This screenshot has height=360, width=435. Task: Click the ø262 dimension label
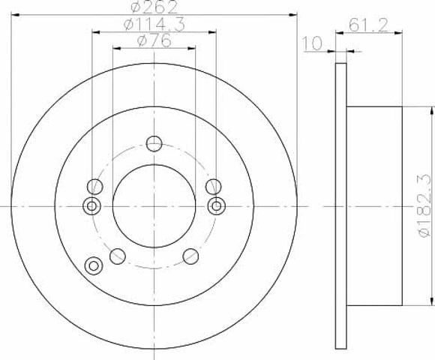click(154, 7)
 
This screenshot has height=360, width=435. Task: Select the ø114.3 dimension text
click(154, 25)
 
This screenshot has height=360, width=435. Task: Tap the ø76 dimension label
click(154, 41)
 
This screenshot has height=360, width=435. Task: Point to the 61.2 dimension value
click(368, 25)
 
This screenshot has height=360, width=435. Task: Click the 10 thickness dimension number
click(312, 43)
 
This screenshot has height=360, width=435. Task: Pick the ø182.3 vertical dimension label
click(425, 206)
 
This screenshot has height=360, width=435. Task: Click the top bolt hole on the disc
click(154, 144)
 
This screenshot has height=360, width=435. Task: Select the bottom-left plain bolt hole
click(118, 256)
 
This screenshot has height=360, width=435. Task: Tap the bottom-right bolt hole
click(190, 256)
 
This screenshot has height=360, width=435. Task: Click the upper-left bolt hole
click(95, 187)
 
